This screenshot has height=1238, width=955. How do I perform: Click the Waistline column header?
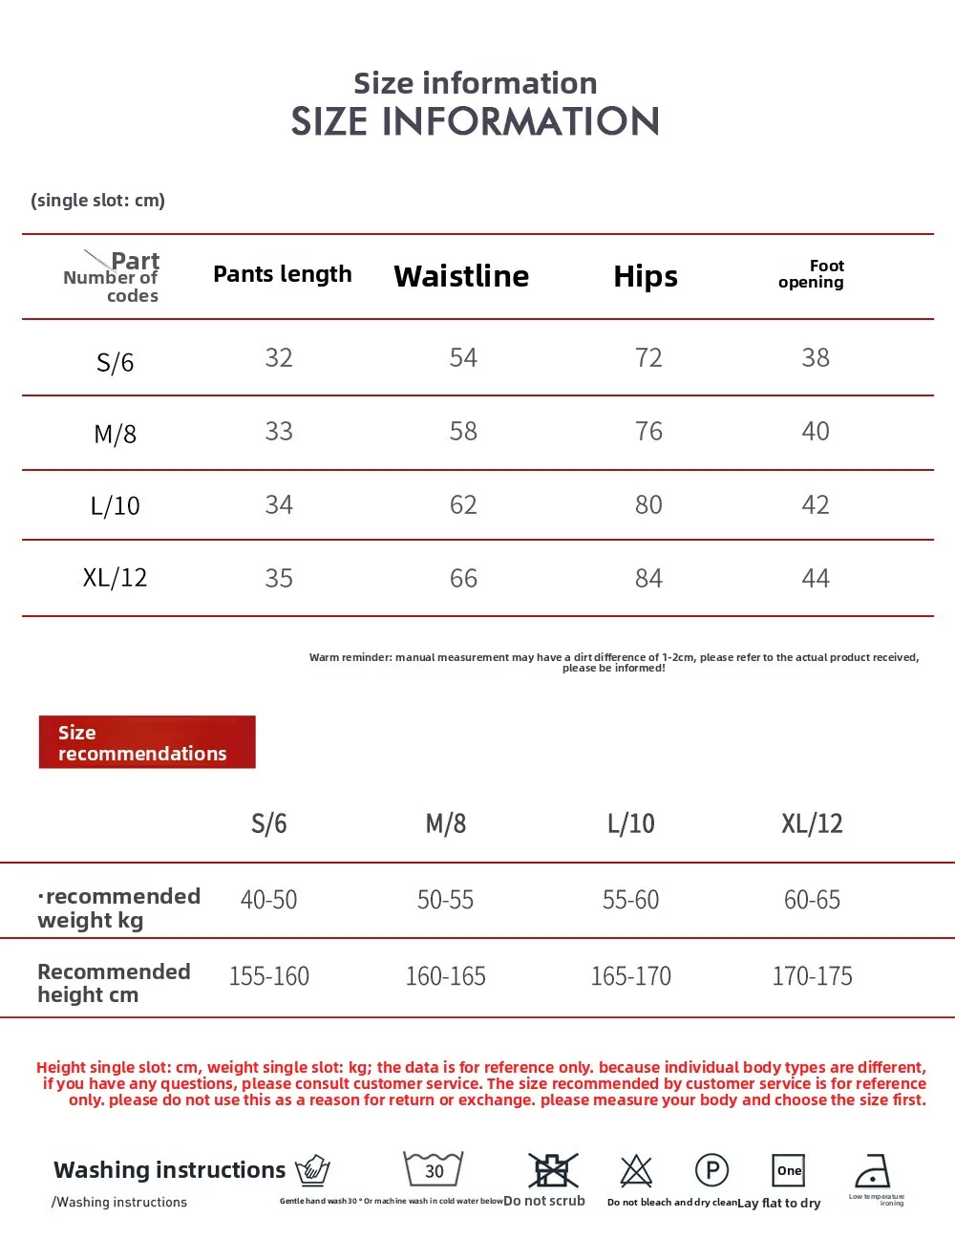pyautogui.click(x=461, y=276)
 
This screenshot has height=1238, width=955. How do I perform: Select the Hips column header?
pyautogui.click(x=646, y=276)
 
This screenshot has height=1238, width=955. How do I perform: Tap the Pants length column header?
pyautogui.click(x=283, y=274)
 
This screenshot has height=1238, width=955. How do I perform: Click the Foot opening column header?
pyautogui.click(x=812, y=274)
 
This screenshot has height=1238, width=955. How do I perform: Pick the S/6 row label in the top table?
pyautogui.click(x=115, y=362)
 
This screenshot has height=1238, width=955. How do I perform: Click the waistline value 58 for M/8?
pyautogui.click(x=463, y=432)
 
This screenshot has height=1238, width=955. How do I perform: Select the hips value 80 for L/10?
pyautogui.click(x=648, y=505)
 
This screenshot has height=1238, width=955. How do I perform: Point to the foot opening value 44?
pyautogui.click(x=816, y=579)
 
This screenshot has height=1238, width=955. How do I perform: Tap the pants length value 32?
pyautogui.click(x=279, y=358)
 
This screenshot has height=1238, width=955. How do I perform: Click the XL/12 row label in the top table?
pyautogui.click(x=115, y=578)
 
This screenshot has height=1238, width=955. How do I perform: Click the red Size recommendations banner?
pyautogui.click(x=147, y=742)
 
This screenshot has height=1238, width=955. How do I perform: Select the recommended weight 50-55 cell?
pyautogui.click(x=445, y=900)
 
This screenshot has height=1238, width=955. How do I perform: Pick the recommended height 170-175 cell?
pyautogui.click(x=812, y=976)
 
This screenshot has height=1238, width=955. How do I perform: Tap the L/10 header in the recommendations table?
pyautogui.click(x=631, y=823)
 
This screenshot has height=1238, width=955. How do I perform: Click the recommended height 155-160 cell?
pyautogui.click(x=269, y=976)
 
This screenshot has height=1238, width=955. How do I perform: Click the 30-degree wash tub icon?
pyautogui.click(x=434, y=1169)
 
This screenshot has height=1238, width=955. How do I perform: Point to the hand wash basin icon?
pyautogui.click(x=312, y=1170)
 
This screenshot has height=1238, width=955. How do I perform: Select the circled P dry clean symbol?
pyautogui.click(x=711, y=1170)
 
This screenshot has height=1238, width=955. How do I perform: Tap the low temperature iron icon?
pyautogui.click(x=873, y=1170)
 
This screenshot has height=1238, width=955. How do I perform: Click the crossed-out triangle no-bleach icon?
pyautogui.click(x=636, y=1170)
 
